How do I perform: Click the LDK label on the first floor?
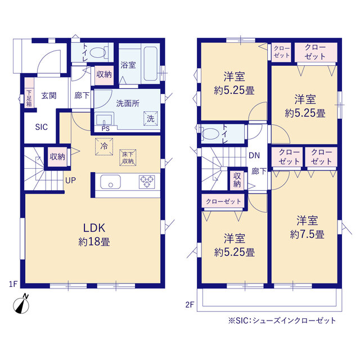click(x=94, y=228)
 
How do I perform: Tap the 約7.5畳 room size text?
click(x=307, y=235)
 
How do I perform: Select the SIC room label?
click(x=41, y=127)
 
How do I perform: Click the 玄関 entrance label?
click(x=49, y=96)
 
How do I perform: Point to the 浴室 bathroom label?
click(x=128, y=65)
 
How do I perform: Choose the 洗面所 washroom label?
click(x=128, y=103)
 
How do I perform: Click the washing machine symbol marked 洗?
click(x=151, y=119)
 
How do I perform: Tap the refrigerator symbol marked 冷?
click(x=104, y=146)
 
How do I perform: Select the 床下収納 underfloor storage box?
click(x=128, y=157)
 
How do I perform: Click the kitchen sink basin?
click(x=110, y=182)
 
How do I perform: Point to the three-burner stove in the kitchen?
click(x=147, y=182)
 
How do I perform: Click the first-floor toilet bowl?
click(x=98, y=52)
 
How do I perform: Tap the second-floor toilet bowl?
click(x=210, y=134)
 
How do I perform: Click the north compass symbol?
click(x=21, y=305)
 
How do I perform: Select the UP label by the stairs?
click(x=70, y=181)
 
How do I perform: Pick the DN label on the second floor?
click(x=254, y=155)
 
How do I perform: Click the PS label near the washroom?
click(x=105, y=129)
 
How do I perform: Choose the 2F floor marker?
click(x=190, y=305)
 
